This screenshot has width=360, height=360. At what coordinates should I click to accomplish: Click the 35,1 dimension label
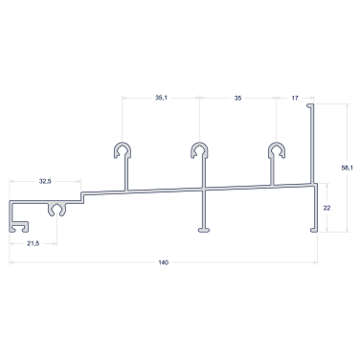[161, 98]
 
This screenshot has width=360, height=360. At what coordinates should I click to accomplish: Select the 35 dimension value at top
[237, 98]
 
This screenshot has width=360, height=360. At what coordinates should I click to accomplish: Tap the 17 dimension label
[295, 98]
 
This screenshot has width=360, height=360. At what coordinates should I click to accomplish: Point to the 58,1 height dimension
[348, 168]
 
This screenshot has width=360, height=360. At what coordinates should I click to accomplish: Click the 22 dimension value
[326, 208]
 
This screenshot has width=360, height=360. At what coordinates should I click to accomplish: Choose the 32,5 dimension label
[45, 181]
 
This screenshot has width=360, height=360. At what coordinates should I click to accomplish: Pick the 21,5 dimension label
[34, 243]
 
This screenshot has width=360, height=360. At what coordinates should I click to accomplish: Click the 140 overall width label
[163, 262]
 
